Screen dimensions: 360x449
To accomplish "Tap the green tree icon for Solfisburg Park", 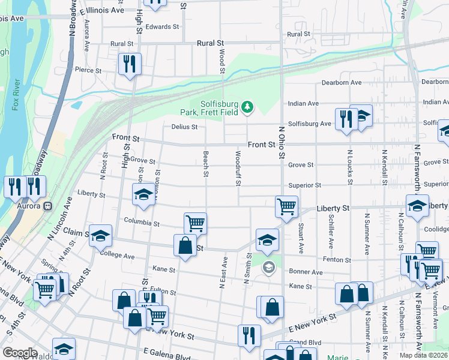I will click(247, 107).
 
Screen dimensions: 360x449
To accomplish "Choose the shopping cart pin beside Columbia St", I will click(195, 223).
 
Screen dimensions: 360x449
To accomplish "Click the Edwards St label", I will click(162, 27).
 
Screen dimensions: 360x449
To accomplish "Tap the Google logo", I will click(20, 353).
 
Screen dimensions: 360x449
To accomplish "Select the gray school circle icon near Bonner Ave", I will click(268, 266).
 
